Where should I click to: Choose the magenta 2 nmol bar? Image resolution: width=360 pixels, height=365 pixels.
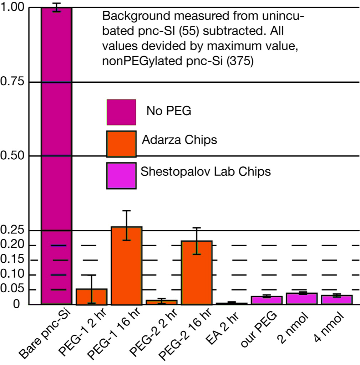click(x=301, y=299)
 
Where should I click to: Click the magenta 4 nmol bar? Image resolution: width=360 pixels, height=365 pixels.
click(x=336, y=300)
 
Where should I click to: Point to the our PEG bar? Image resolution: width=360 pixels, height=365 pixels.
click(x=267, y=300)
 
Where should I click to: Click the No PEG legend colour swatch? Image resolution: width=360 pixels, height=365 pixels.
click(x=121, y=112)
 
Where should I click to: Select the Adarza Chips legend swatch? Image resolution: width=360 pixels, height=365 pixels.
click(x=121, y=144)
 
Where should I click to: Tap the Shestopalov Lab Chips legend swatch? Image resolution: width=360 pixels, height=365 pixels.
click(x=121, y=175)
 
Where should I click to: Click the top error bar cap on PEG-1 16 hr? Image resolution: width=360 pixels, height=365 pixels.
click(x=127, y=211)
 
